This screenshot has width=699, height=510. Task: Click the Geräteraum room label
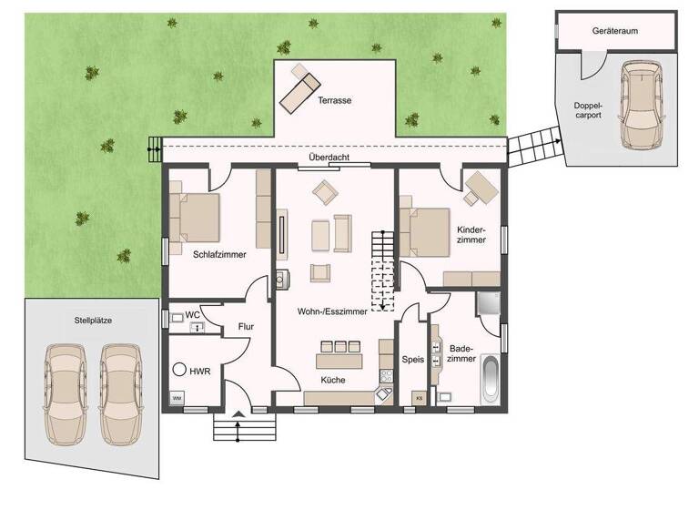(x=614, y=30)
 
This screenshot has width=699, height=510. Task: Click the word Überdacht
(x=329, y=156)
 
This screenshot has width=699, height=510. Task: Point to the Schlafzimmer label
(x=218, y=255)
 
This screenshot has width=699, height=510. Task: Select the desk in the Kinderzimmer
(x=481, y=189)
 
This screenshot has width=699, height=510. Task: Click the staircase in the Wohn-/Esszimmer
(x=381, y=270)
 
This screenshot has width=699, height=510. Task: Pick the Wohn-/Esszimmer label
(x=332, y=311)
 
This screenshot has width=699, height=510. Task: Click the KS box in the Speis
(x=419, y=399)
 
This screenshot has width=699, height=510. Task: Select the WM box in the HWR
(x=176, y=399)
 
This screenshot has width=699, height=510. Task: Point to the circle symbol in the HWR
(x=178, y=371)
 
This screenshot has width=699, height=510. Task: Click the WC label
(x=193, y=315)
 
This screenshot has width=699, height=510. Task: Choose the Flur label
(x=246, y=326)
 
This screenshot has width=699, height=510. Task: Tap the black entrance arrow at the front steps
(x=238, y=416)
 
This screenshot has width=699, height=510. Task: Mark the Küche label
(x=332, y=380)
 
